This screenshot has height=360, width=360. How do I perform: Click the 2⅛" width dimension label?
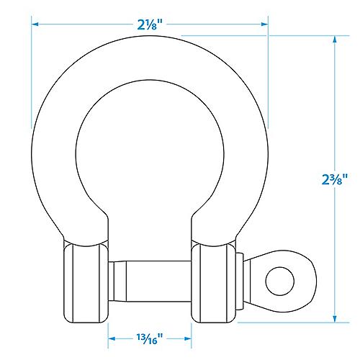[x=150, y=24]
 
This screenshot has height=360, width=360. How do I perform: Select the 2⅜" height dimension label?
[x=336, y=179]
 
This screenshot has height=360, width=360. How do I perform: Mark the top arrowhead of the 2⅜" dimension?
[x=336, y=42]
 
